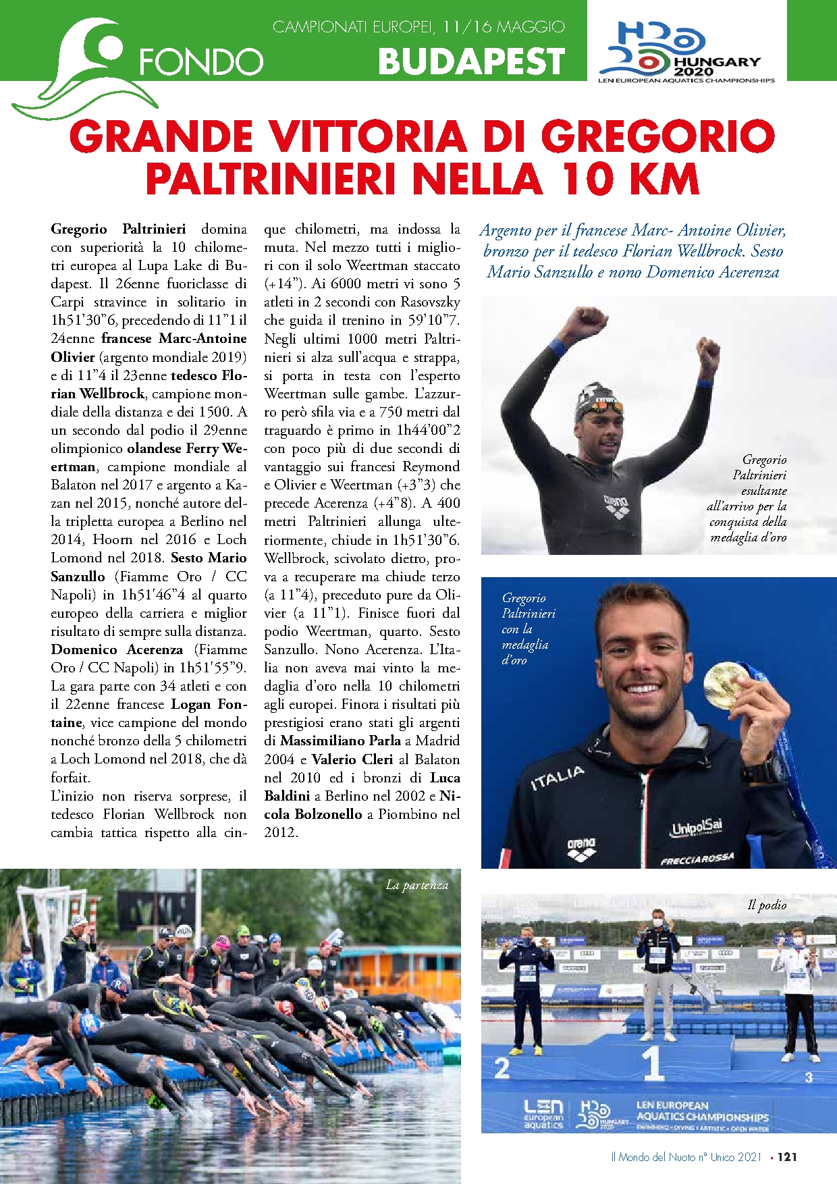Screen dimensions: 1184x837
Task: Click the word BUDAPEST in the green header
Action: tap(470, 61)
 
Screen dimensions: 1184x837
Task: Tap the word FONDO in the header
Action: tap(200, 63)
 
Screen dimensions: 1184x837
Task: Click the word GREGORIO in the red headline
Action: tap(658, 136)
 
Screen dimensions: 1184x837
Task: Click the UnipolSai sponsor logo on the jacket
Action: tap(697, 828)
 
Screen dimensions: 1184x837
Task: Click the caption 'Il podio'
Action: tap(767, 905)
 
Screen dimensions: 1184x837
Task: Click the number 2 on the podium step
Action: tap(502, 1068)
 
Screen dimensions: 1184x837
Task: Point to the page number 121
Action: tap(787, 1156)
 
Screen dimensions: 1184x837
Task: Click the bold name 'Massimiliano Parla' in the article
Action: tap(340, 741)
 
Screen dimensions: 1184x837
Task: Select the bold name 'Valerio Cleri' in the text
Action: tap(352, 759)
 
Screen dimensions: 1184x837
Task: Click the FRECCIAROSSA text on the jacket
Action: tap(697, 859)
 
